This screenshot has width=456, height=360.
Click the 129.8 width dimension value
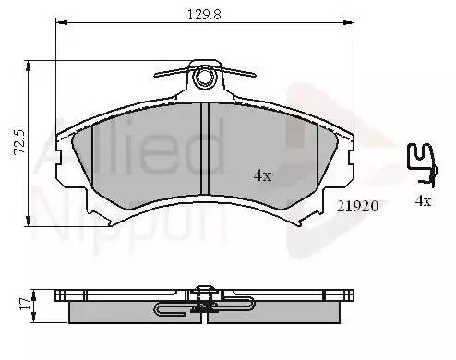(204, 15)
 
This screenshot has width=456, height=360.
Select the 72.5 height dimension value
(19, 141)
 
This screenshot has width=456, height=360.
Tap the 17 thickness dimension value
(25, 304)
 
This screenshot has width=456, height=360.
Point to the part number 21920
(357, 206)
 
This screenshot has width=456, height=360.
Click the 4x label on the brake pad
(263, 175)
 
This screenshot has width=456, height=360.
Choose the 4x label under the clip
(424, 201)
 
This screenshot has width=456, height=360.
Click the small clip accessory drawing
(422, 165)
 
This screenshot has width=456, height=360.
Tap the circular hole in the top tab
(203, 77)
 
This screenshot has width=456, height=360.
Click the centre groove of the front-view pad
(205, 149)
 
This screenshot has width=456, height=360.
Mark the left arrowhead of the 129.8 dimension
(59, 22)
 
